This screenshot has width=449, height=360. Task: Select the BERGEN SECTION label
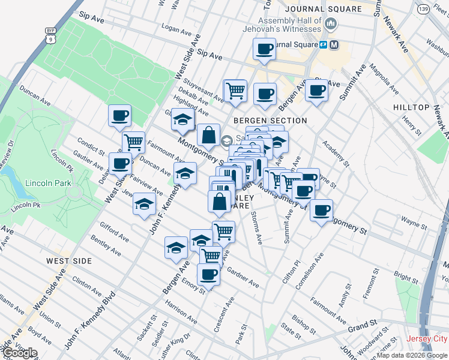(270, 121)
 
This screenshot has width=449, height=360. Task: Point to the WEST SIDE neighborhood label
(69, 261)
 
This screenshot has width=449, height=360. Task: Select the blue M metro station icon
(334, 44)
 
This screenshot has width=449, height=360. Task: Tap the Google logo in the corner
(20, 353)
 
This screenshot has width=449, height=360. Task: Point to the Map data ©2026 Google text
(412, 355)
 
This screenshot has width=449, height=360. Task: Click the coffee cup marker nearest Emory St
(208, 274)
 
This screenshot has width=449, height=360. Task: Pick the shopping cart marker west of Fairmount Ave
(133, 142)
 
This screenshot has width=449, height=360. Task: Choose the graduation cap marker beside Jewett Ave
(144, 203)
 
